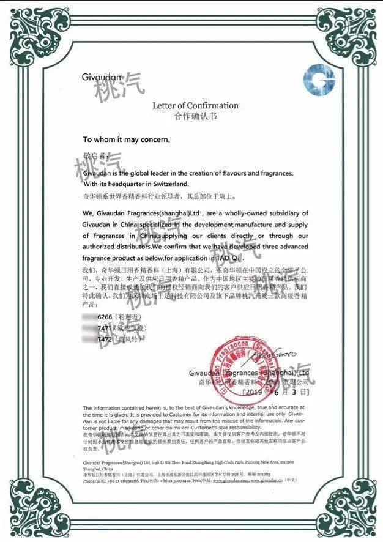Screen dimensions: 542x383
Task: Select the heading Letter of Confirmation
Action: [x=195, y=105]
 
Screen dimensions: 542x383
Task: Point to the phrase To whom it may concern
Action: [x=126, y=139]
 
